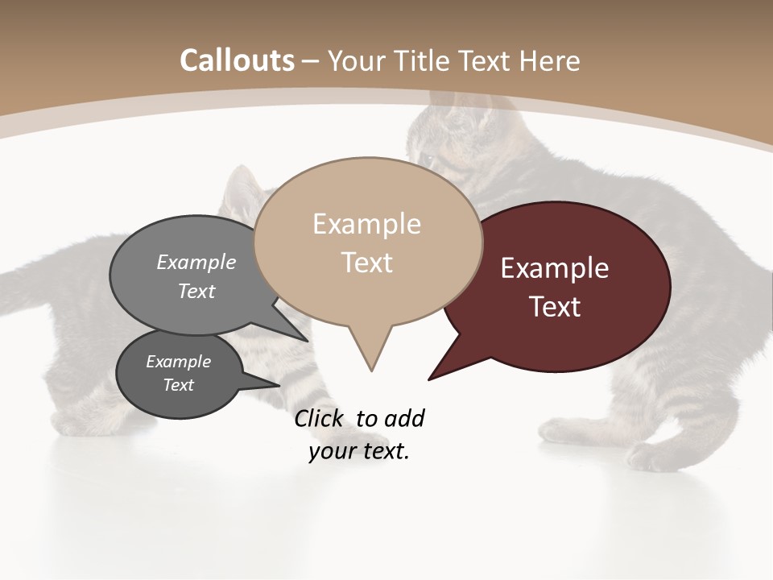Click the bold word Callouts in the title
click(237, 61)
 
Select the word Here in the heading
click(551, 61)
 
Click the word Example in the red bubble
click(555, 268)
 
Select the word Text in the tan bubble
click(367, 263)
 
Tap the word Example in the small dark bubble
click(178, 362)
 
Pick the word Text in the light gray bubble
click(196, 291)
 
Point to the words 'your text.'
click(359, 451)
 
